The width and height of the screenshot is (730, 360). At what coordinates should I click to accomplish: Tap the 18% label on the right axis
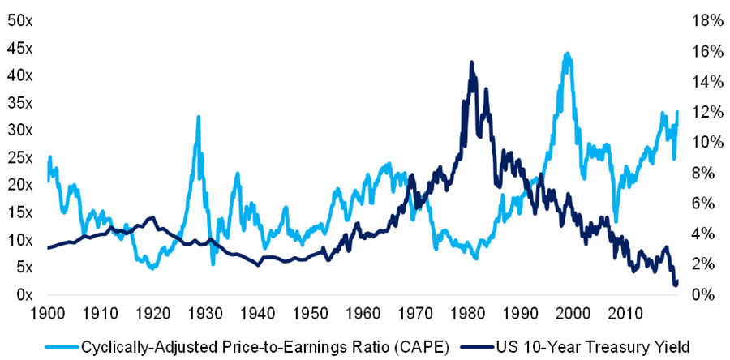pos(703,19)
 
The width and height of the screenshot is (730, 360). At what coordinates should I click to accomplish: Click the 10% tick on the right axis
pos(703,142)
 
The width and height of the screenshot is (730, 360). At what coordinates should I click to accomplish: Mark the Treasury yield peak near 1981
pos(471,62)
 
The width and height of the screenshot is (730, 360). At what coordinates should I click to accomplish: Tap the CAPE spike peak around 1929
pos(198,117)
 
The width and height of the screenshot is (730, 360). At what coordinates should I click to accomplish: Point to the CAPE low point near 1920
pos(151,268)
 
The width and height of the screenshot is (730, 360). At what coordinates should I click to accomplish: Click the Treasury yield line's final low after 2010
pos(676,285)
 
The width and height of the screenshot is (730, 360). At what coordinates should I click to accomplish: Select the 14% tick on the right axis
pos(703,81)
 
